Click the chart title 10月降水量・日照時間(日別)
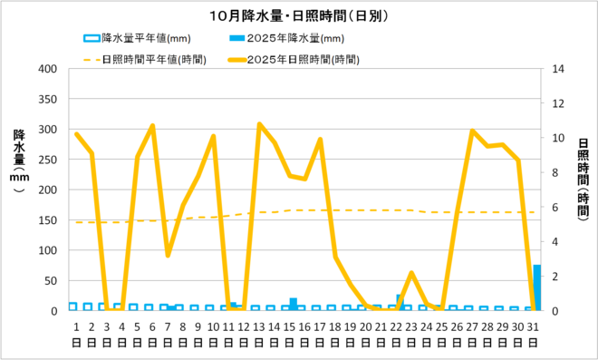pyautogui.click(x=299, y=15)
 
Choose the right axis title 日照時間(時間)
pyautogui.click(x=581, y=181)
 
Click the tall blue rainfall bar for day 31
pyautogui.click(x=537, y=287)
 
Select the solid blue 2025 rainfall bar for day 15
pyautogui.click(x=294, y=304)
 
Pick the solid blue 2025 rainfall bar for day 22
pyautogui.click(x=399, y=302)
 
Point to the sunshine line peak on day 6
pyautogui.click(x=152, y=126)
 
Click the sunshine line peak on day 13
pyautogui.click(x=259, y=124)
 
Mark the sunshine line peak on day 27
pyautogui.click(x=472, y=131)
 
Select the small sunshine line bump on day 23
pyautogui.click(x=411, y=273)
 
